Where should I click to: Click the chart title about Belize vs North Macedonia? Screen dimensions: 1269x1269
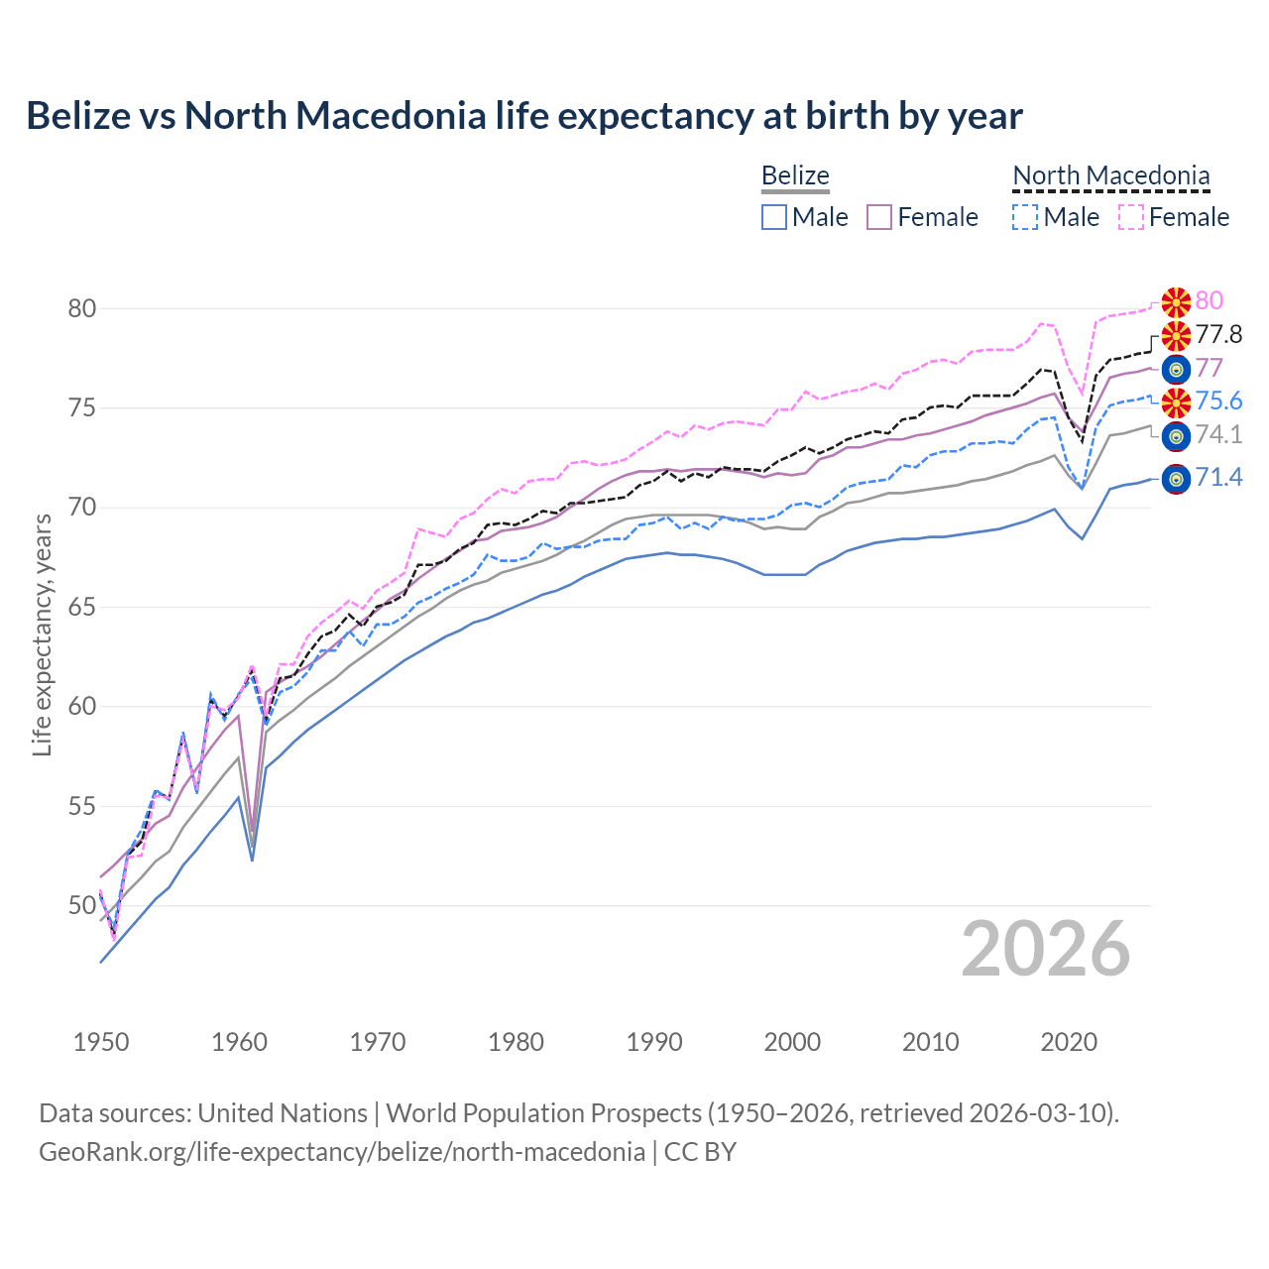(523, 116)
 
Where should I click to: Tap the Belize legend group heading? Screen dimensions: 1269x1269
(795, 176)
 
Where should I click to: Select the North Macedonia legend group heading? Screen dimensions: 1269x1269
(1110, 176)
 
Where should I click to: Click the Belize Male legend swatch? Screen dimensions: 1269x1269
(774, 217)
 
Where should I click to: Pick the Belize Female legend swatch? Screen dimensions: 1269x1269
(879, 217)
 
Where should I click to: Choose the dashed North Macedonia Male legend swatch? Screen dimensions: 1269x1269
(1025, 217)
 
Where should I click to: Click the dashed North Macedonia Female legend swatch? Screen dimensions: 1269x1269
(1130, 217)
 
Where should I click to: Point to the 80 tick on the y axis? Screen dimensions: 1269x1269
(82, 308)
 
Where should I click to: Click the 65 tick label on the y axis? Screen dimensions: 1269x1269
(82, 607)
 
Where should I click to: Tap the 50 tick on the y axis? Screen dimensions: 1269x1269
(82, 905)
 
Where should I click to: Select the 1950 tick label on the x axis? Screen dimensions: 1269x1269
(101, 1042)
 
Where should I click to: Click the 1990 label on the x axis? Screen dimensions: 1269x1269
(654, 1042)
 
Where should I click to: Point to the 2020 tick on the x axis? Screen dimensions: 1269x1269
(1069, 1042)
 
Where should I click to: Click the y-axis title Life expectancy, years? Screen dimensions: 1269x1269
(42, 634)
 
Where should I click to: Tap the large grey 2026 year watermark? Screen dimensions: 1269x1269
(1046, 949)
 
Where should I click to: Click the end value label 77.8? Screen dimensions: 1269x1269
(1218, 335)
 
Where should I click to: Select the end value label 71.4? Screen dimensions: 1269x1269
(1218, 478)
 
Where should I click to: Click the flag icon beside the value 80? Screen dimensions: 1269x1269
(1176, 301)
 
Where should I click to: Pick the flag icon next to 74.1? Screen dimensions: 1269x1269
(1176, 435)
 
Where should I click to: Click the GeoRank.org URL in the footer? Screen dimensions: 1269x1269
(342, 1152)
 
